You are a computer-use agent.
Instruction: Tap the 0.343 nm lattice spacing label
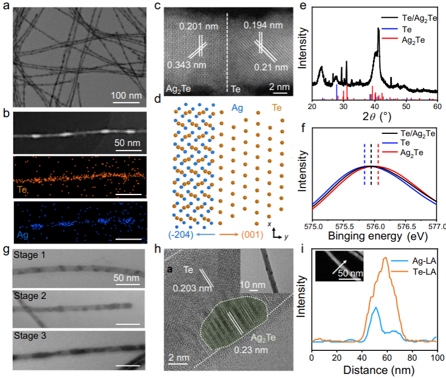tap(186, 64)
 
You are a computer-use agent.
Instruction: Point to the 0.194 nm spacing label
tap(262, 25)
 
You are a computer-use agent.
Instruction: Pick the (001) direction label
tap(251, 235)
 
